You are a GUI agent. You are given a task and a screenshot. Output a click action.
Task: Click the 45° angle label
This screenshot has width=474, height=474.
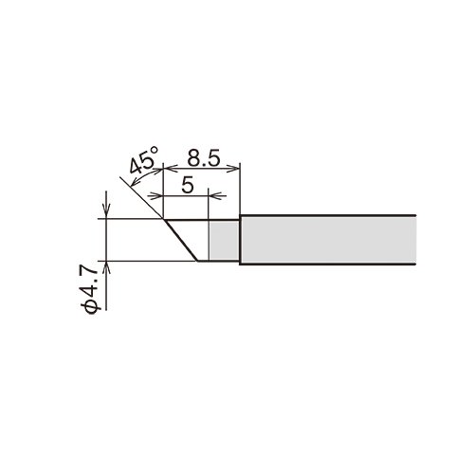[143, 160]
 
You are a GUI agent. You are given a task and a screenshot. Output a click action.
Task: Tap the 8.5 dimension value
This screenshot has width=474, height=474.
[204, 159]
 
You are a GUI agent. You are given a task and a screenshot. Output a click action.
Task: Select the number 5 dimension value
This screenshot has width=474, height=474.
[187, 185]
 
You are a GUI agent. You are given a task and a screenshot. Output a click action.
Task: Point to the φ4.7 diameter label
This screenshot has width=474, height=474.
[90, 290]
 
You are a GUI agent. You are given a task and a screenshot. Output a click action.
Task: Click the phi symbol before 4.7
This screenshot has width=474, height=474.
[91, 308]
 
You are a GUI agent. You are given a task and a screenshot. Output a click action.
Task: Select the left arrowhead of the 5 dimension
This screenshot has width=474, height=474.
[155, 196]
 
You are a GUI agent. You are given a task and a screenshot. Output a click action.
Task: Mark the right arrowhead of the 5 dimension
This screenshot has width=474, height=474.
[216, 196]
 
